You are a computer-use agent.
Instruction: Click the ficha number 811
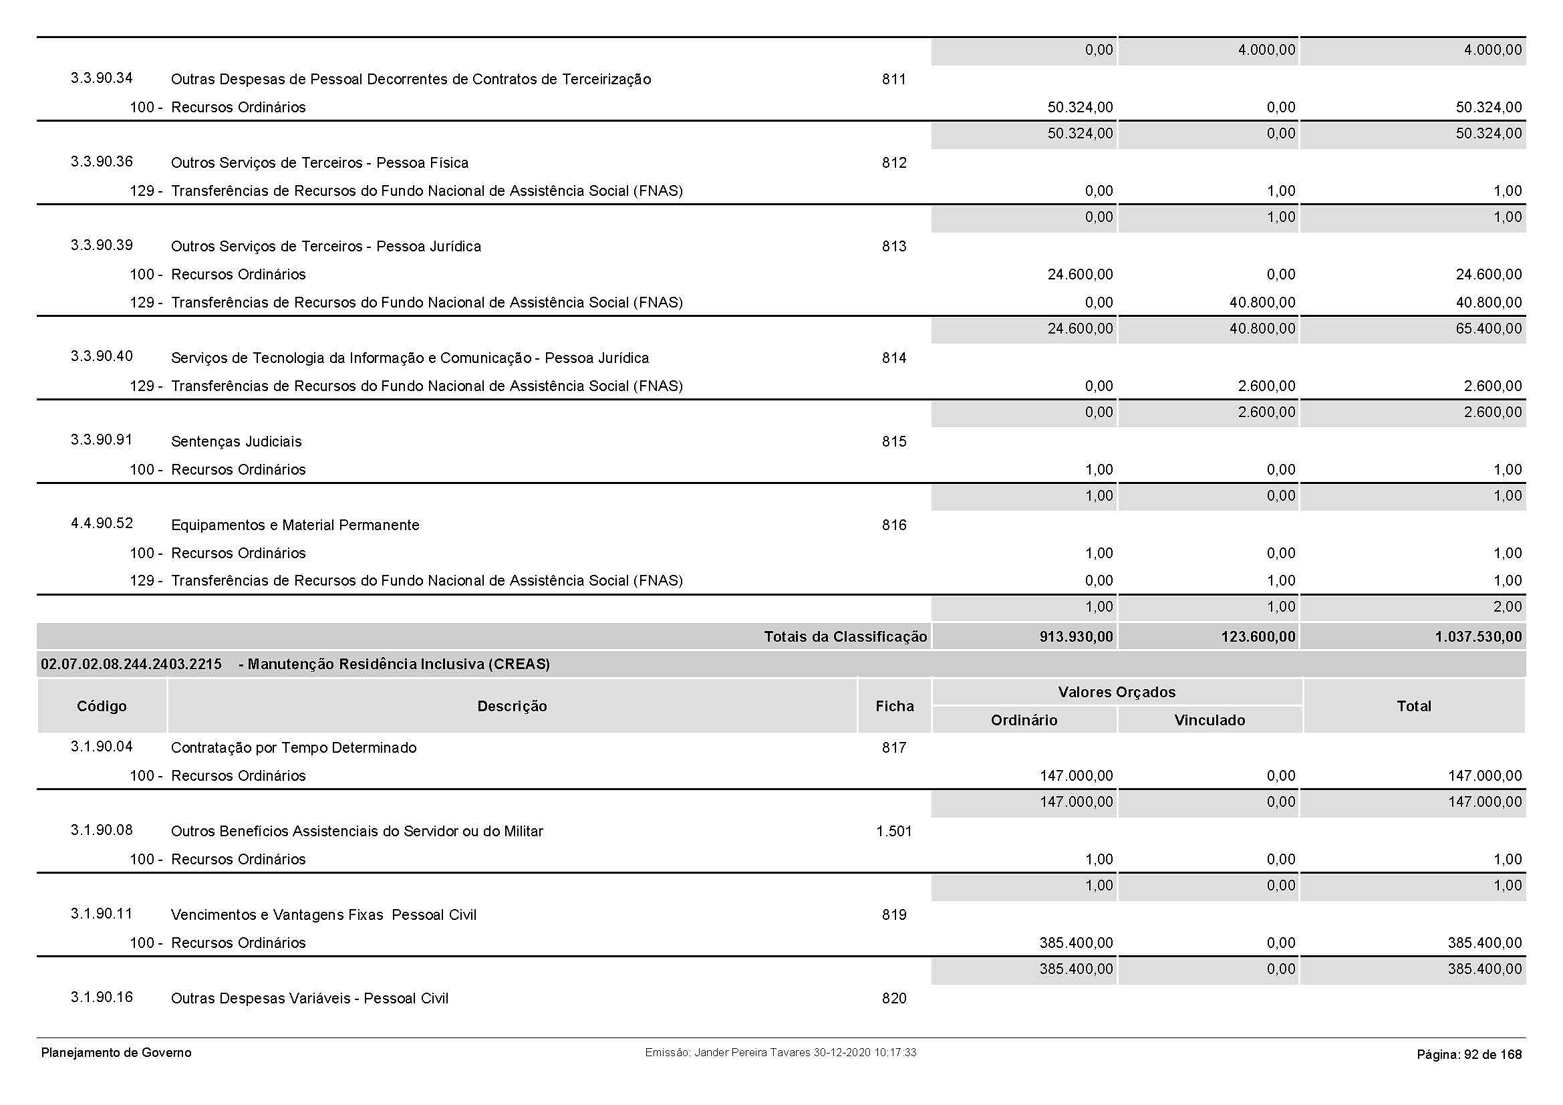coord(894,80)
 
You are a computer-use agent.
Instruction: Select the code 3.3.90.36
coord(102,162)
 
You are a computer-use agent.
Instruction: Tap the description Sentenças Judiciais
coord(236,442)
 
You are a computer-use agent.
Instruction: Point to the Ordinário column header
coord(1024,721)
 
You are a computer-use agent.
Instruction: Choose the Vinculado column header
coord(1209,721)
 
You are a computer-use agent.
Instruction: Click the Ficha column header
coord(895,706)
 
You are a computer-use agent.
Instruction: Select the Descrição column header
coord(512,706)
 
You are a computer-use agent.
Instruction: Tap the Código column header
coord(102,706)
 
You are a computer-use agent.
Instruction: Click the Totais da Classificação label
coord(845,636)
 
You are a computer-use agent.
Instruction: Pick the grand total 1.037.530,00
coord(1479,636)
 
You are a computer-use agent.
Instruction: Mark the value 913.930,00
coord(1077,636)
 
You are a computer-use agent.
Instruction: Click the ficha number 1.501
coord(894,832)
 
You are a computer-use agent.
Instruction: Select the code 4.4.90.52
coord(102,523)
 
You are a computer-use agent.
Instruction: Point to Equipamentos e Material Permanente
coord(295,525)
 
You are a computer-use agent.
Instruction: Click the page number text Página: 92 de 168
coord(1469,1055)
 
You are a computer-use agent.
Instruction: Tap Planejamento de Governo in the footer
coord(116,1053)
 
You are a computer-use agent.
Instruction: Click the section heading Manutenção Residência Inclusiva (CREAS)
coord(399,664)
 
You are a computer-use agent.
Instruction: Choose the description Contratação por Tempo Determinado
coord(293,747)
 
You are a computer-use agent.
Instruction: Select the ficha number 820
coord(894,999)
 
